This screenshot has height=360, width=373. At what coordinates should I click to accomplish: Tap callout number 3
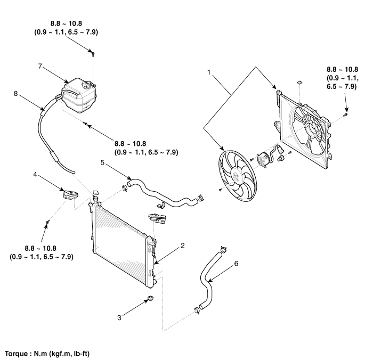click(x=120, y=318)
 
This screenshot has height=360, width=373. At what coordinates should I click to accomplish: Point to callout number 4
click(x=35, y=174)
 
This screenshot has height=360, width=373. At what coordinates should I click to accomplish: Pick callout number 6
click(x=236, y=264)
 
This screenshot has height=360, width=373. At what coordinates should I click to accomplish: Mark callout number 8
click(x=16, y=92)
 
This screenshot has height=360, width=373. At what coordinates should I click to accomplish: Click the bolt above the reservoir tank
click(x=94, y=53)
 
